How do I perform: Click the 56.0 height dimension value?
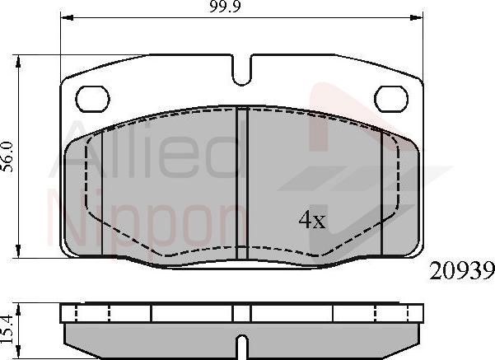pyautogui.click(x=8, y=155)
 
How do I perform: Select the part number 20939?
pyautogui.click(x=461, y=269)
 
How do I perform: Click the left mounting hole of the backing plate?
pyautogui.click(x=92, y=99)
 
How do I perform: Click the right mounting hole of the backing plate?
pyautogui.click(x=391, y=99)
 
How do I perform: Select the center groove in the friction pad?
pyautogui.click(x=242, y=181)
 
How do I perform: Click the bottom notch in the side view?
pyautogui.click(x=242, y=343)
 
